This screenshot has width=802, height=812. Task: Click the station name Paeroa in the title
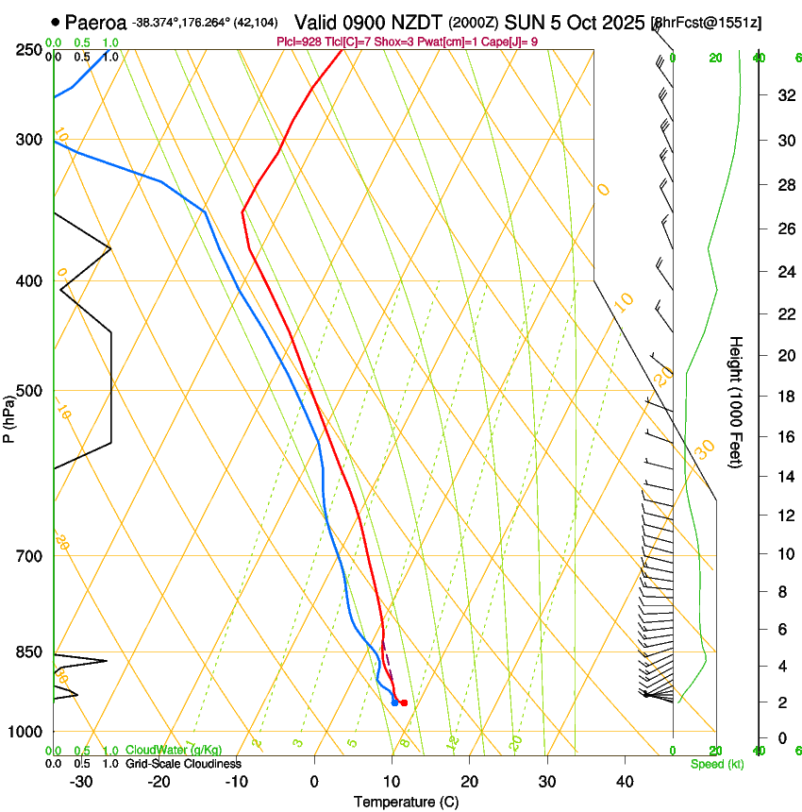click(x=97, y=22)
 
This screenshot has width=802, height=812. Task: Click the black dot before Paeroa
click(x=56, y=22)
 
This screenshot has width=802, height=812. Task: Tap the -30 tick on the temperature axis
click(x=81, y=781)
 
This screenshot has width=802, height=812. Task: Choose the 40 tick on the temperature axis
click(x=625, y=781)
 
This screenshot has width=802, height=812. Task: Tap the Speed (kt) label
click(x=716, y=763)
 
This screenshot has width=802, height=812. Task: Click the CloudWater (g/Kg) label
click(x=174, y=750)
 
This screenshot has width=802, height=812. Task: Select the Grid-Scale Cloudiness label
click(x=183, y=763)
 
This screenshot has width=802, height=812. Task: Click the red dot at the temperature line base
click(x=404, y=702)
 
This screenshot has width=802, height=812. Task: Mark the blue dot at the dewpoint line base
click(x=394, y=702)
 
